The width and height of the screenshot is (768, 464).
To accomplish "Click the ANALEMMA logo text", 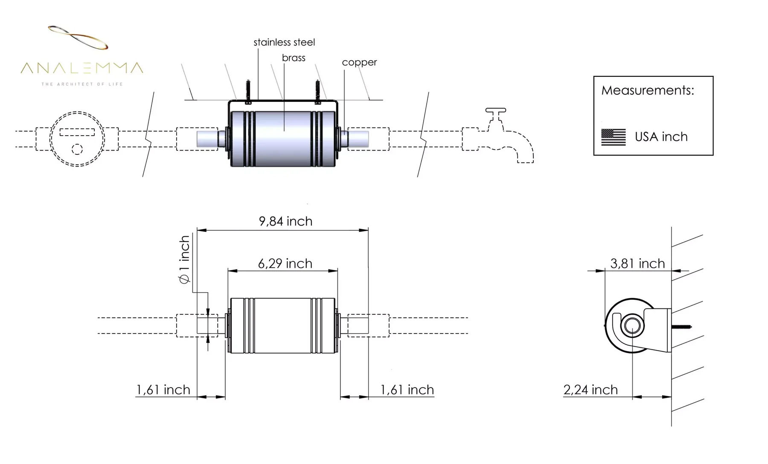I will pyautogui.click(x=82, y=68).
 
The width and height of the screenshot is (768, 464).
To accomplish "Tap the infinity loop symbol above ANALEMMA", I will pyautogui.click(x=78, y=37).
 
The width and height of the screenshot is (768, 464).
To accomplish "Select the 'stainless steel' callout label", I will pyautogui.click(x=284, y=42).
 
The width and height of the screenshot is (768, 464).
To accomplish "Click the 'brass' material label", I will pyautogui.click(x=294, y=58).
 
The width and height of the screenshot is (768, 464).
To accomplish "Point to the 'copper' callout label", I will pyautogui.click(x=359, y=62).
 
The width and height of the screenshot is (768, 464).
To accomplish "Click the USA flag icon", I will pyautogui.click(x=613, y=137).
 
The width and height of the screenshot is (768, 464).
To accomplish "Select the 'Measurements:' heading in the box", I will pyautogui.click(x=647, y=90).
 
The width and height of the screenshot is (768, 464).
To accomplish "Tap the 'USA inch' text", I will pyautogui.click(x=661, y=137).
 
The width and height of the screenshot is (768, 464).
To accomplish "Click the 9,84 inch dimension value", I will pyautogui.click(x=285, y=221).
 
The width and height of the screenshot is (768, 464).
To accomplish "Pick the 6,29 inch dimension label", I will pyautogui.click(x=285, y=264).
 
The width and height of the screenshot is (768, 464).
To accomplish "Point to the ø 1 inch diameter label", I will pyautogui.click(x=184, y=260).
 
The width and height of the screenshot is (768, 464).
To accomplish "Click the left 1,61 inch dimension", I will pyautogui.click(x=163, y=390).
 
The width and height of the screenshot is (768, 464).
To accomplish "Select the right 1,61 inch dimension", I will pyautogui.click(x=407, y=390).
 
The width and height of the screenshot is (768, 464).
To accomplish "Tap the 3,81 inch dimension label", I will pyautogui.click(x=637, y=264).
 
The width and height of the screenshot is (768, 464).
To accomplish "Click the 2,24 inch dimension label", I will pyautogui.click(x=591, y=390).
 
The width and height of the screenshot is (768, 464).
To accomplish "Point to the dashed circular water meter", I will pyautogui.click(x=77, y=139).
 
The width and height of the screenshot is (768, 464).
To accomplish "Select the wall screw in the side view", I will pyautogui.click(x=681, y=327).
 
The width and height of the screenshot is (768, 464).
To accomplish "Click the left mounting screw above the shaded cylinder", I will pyautogui.click(x=248, y=90).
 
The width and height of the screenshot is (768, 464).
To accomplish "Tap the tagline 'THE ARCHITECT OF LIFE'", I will pyautogui.click(x=82, y=84).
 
